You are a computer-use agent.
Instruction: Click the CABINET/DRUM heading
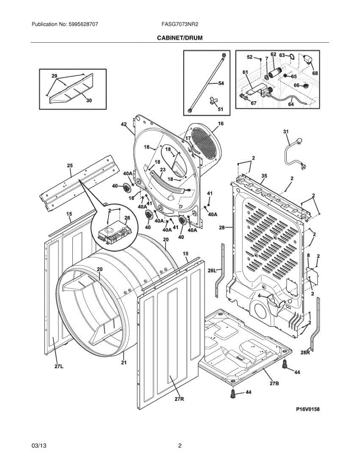tap(180, 38)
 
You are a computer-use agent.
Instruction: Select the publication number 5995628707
tap(83, 24)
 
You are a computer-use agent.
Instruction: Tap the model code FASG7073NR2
tap(180, 24)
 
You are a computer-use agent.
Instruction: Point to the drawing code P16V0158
tap(308, 409)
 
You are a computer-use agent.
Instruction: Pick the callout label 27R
tap(179, 399)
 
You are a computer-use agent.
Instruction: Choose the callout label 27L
tap(59, 367)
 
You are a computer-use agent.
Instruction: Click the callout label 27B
tap(274, 383)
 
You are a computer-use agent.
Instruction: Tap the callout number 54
tap(221, 83)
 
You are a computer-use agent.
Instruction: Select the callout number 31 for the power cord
tap(286, 132)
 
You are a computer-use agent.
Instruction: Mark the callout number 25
tap(70, 165)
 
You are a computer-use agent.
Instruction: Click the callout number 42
tap(124, 124)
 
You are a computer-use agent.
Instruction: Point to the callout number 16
tap(221, 123)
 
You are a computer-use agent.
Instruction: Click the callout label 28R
tap(305, 352)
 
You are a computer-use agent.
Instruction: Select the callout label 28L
tap(212, 271)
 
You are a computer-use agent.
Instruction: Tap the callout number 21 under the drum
tap(124, 362)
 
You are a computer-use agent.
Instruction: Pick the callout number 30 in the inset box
tap(89, 100)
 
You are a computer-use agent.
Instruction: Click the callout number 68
tap(315, 73)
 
